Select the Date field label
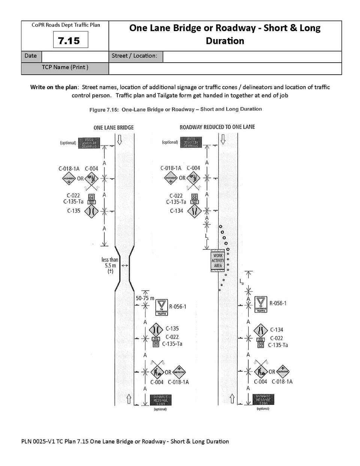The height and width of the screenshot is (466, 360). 30,56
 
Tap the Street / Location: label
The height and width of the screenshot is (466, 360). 134,56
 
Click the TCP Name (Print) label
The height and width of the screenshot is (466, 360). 65,68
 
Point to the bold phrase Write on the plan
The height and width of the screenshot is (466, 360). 54,87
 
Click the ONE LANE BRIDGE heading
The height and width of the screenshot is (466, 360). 113,128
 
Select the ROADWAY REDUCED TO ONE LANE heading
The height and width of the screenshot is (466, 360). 217,127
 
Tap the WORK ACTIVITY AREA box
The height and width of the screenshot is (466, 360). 218,260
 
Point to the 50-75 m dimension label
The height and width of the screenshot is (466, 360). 145,298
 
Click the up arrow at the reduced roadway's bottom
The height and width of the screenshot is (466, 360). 232,398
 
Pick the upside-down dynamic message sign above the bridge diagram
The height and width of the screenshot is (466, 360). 89,143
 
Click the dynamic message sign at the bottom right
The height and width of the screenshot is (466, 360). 263,400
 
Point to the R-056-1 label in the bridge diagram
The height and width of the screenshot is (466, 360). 177,307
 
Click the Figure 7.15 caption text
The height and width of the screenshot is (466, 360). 175,109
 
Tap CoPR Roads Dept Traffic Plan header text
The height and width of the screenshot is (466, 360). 66,25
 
